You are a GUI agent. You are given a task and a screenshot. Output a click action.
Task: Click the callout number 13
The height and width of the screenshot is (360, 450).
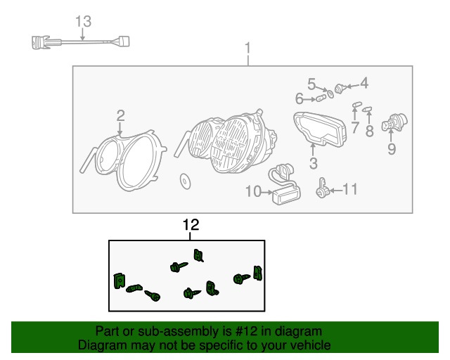tap(83, 22)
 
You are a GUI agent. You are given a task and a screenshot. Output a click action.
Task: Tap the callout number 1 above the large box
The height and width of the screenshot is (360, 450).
tap(247, 48)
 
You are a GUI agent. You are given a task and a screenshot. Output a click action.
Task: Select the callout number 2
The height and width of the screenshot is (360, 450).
tap(120, 115)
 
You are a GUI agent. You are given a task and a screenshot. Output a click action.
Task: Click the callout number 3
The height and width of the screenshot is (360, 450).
tap(314, 163)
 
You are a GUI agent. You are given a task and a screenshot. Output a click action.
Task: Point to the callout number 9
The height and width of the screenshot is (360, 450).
tap(392, 148)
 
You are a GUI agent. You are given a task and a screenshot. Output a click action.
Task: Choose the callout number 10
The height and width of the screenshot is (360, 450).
tap(253, 191)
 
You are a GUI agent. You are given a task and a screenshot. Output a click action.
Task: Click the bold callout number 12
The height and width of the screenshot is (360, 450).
tap(191, 225)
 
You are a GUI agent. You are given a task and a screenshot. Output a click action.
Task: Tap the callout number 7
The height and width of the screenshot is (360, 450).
tap(355, 127)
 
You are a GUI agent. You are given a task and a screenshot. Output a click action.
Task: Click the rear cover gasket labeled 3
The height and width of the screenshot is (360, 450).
tap(319, 129)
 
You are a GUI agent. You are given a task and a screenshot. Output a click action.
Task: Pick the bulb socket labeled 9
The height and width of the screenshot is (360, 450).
tap(394, 122)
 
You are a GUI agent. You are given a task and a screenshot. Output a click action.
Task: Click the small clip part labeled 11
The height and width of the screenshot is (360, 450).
tap(321, 188)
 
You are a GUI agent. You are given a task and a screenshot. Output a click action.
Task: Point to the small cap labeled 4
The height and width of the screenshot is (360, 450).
tap(340, 88)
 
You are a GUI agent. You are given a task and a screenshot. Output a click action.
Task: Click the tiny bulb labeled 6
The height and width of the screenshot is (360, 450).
tap(321, 99)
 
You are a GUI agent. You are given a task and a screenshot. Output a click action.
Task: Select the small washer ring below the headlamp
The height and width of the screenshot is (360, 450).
tap(185, 181)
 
